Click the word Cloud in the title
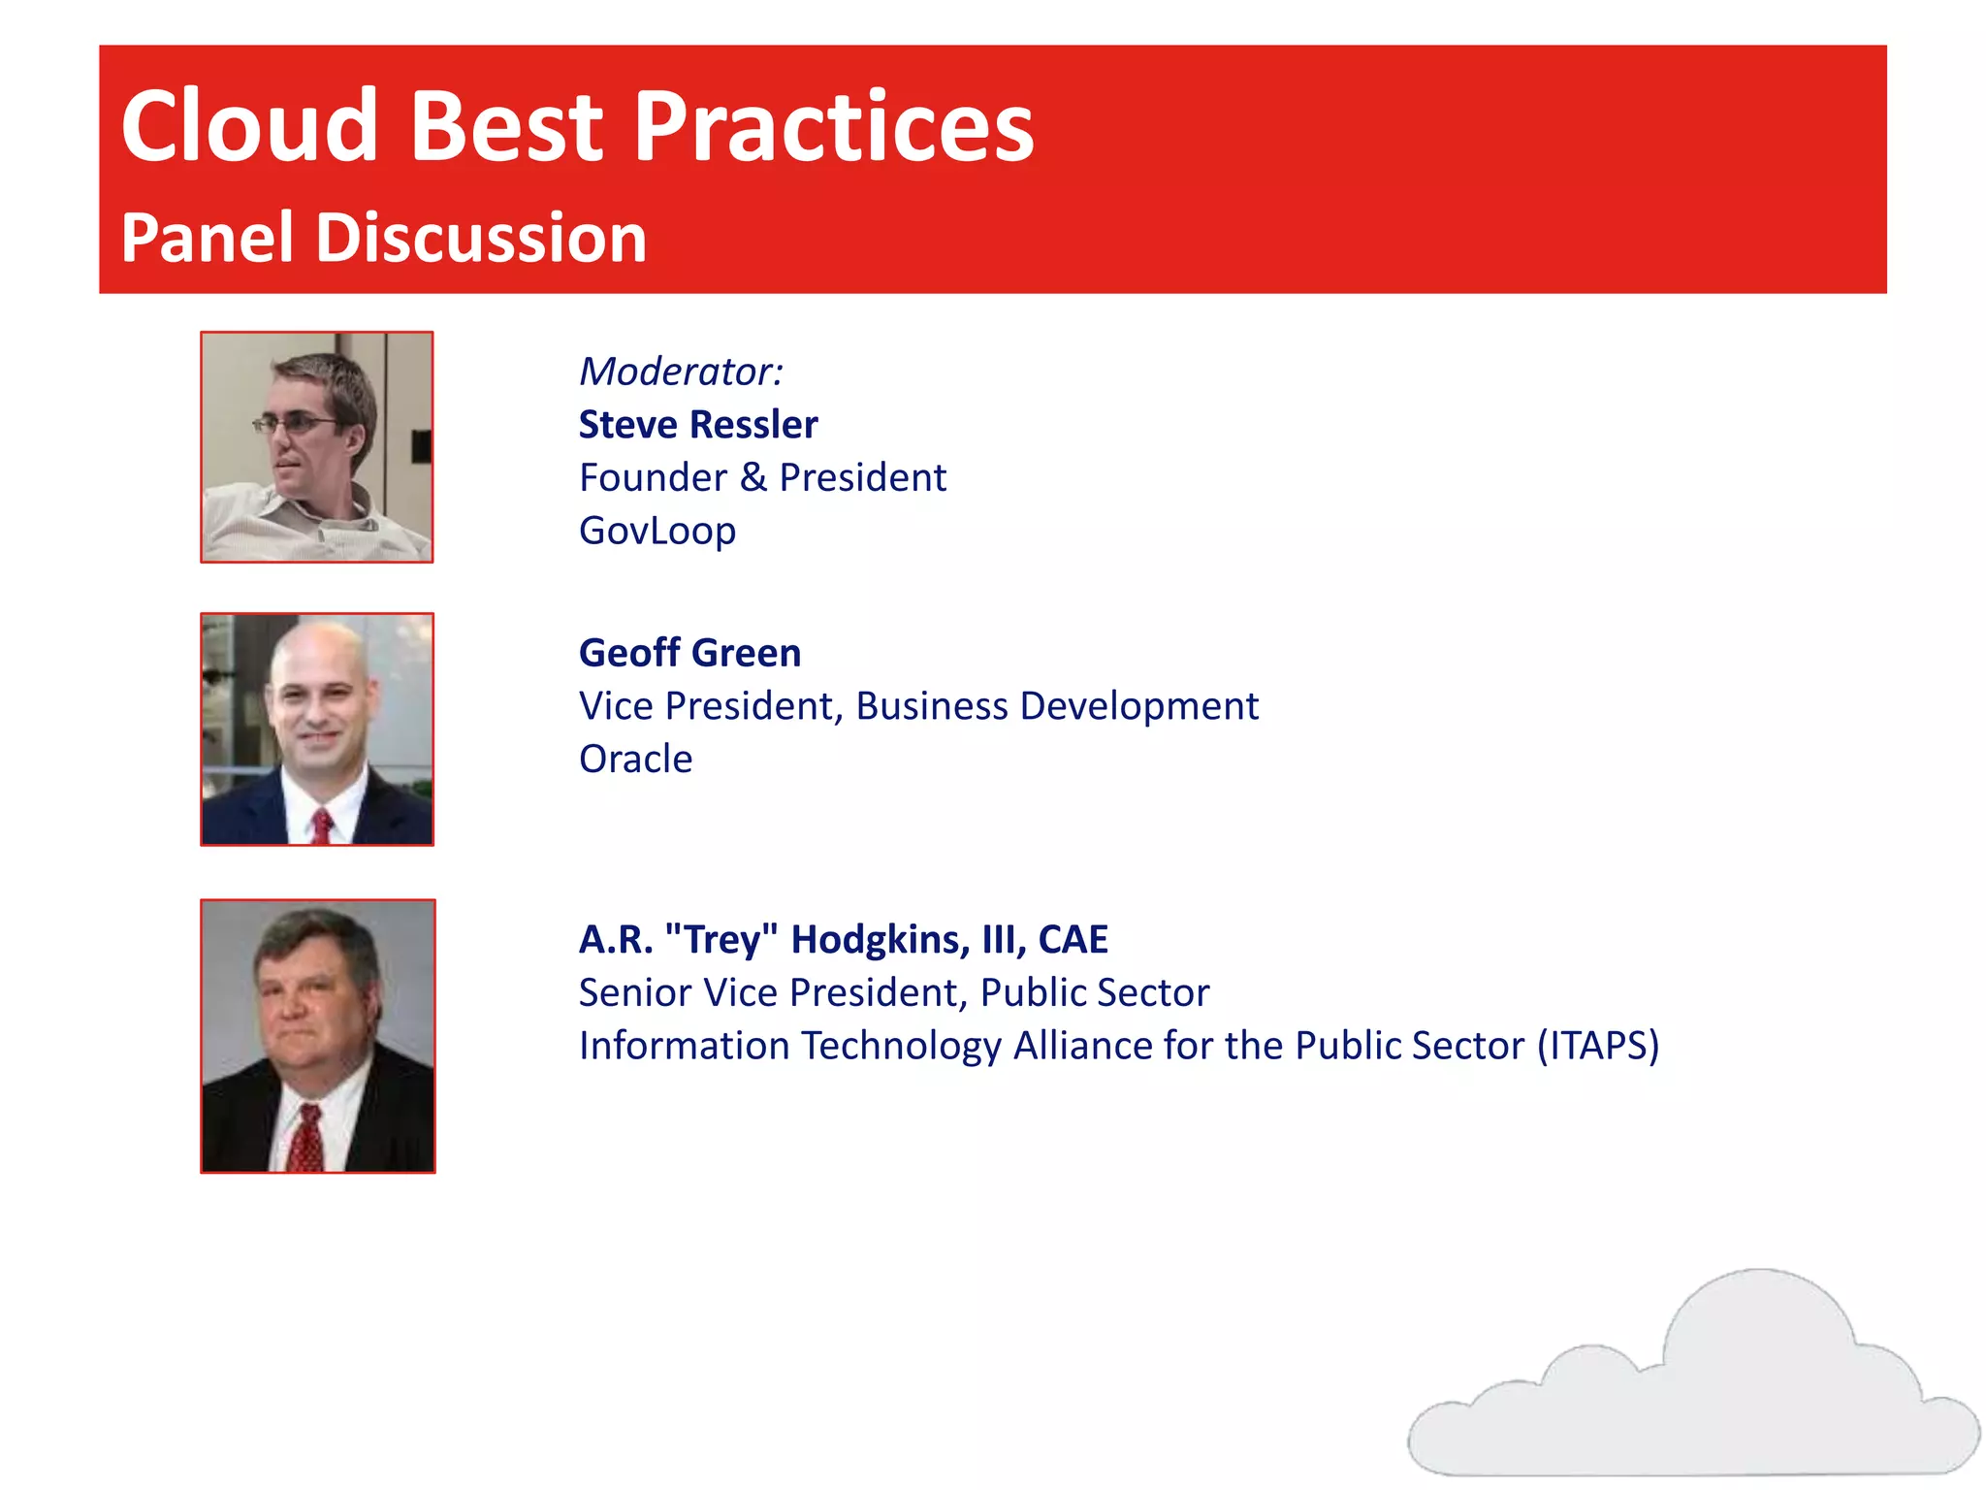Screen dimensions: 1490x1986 tap(248, 126)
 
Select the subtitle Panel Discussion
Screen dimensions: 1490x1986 tap(383, 239)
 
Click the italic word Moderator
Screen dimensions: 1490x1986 tap(679, 372)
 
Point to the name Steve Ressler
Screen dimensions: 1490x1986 tap(697, 425)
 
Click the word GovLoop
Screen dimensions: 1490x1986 tap(657, 531)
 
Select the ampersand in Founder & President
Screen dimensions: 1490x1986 tap(753, 478)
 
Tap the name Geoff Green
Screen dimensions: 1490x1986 tap(689, 653)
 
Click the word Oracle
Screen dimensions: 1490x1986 tap(635, 759)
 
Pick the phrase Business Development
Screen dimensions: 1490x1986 tap(1056, 706)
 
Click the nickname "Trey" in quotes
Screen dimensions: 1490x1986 tap(721, 939)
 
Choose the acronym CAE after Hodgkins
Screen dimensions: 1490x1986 tap(1073, 939)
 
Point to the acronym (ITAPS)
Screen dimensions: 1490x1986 tap(1598, 1046)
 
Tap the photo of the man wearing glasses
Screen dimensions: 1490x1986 tap(317, 447)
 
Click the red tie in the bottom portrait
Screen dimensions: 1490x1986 tap(307, 1140)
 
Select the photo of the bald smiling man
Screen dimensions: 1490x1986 tap(317, 729)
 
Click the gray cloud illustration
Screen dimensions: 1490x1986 tap(1692, 1387)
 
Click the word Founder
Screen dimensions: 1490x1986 tap(653, 478)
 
